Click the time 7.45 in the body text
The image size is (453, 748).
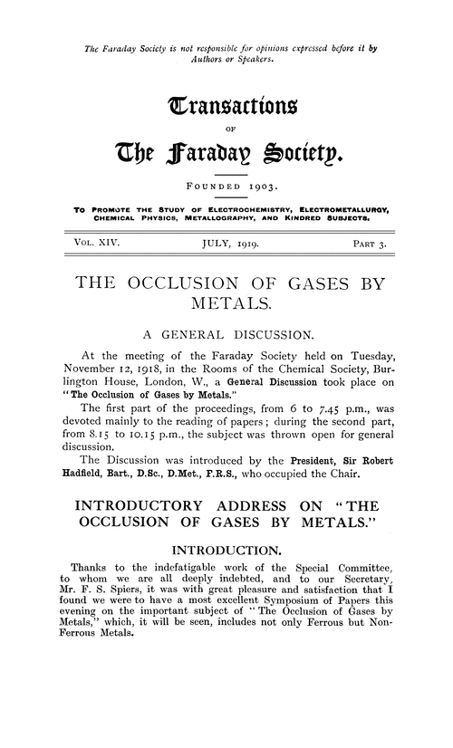pos(322,442)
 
